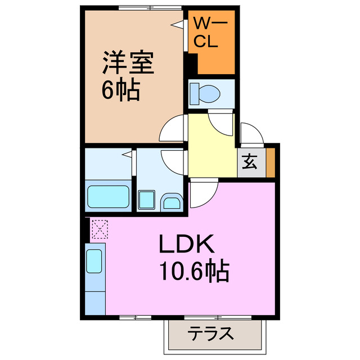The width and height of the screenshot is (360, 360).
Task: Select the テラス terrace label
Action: (x=210, y=334)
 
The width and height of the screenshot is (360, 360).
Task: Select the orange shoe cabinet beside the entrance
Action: (x=271, y=163)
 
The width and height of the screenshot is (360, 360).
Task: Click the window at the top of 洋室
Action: (x=135, y=8)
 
